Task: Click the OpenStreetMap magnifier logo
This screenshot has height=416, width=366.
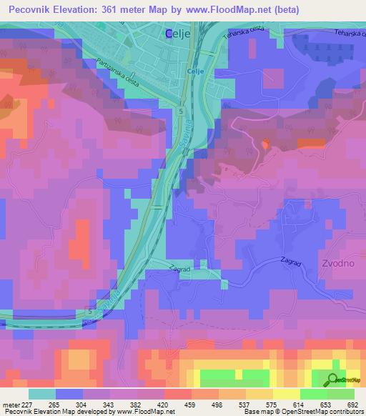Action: point(333,380)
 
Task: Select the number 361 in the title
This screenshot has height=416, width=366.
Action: point(124,9)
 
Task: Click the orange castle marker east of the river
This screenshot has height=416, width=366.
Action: point(266,144)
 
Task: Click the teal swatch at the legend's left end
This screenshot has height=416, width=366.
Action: point(42,394)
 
